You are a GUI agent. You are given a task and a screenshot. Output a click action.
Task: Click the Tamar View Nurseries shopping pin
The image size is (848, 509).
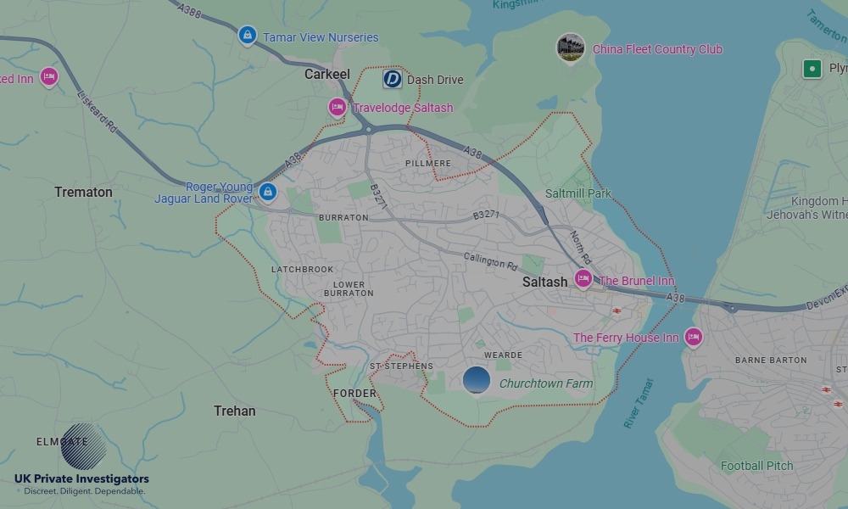pos(248,36)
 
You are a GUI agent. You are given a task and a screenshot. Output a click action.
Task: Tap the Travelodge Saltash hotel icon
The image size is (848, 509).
pos(337,107)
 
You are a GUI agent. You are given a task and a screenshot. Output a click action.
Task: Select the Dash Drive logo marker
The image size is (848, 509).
pos(392,79)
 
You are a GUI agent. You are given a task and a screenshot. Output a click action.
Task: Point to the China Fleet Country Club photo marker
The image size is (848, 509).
pos(571,48)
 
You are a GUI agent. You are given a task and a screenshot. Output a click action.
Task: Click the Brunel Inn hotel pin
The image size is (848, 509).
pos(583,278)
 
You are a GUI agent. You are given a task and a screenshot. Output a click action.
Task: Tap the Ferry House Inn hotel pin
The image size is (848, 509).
pos(694,337)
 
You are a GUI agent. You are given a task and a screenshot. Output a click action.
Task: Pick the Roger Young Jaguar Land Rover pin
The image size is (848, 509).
pos(268,192)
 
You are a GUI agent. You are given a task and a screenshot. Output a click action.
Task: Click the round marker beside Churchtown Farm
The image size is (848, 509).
pos(477,380)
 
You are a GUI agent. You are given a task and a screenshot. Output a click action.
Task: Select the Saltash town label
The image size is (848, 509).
pos(544,282)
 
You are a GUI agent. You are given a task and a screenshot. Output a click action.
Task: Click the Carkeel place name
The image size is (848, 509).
pos(327,75)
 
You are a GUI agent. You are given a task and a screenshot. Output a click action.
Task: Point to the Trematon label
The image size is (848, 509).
pos(83,192)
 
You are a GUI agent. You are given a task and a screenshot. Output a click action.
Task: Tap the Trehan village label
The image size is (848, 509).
pos(234,411)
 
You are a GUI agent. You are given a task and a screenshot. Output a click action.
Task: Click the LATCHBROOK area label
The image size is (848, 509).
pos(303,270)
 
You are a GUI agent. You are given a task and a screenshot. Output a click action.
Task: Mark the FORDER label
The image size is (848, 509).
pos(354,394)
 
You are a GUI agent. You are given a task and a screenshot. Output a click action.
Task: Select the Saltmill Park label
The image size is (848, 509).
pos(578,193)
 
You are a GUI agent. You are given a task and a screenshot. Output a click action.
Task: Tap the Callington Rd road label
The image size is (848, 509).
pos(490,260)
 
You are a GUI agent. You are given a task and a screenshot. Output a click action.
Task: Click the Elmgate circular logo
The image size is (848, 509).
pos(83,446)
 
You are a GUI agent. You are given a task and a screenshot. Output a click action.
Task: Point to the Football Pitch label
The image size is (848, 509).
pos(756,466)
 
